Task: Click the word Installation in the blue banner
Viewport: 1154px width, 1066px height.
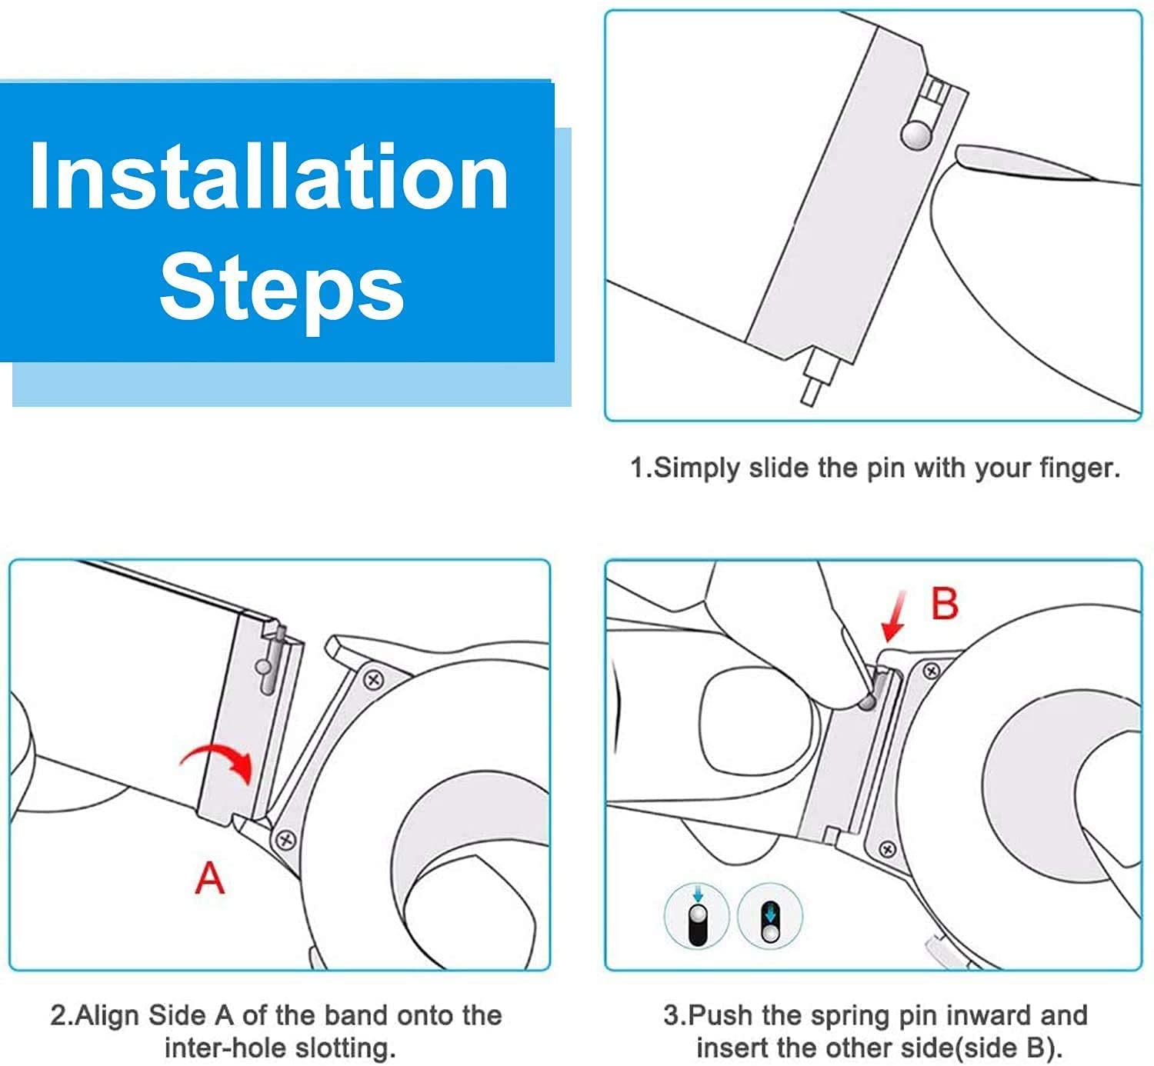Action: click(x=269, y=176)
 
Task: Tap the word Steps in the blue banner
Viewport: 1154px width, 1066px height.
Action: click(x=282, y=289)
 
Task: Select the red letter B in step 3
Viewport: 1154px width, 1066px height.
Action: click(x=945, y=604)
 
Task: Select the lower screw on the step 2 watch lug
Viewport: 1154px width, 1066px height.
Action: click(x=285, y=840)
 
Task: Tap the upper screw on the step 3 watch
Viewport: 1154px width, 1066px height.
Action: click(x=932, y=671)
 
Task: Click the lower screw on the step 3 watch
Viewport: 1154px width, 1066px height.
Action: click(x=887, y=850)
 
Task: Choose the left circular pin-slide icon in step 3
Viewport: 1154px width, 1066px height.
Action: click(x=697, y=916)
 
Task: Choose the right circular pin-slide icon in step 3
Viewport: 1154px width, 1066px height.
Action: click(x=770, y=916)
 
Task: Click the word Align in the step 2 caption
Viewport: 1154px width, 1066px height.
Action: click(x=108, y=1016)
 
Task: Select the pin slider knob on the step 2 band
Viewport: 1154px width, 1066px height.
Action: click(x=264, y=667)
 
